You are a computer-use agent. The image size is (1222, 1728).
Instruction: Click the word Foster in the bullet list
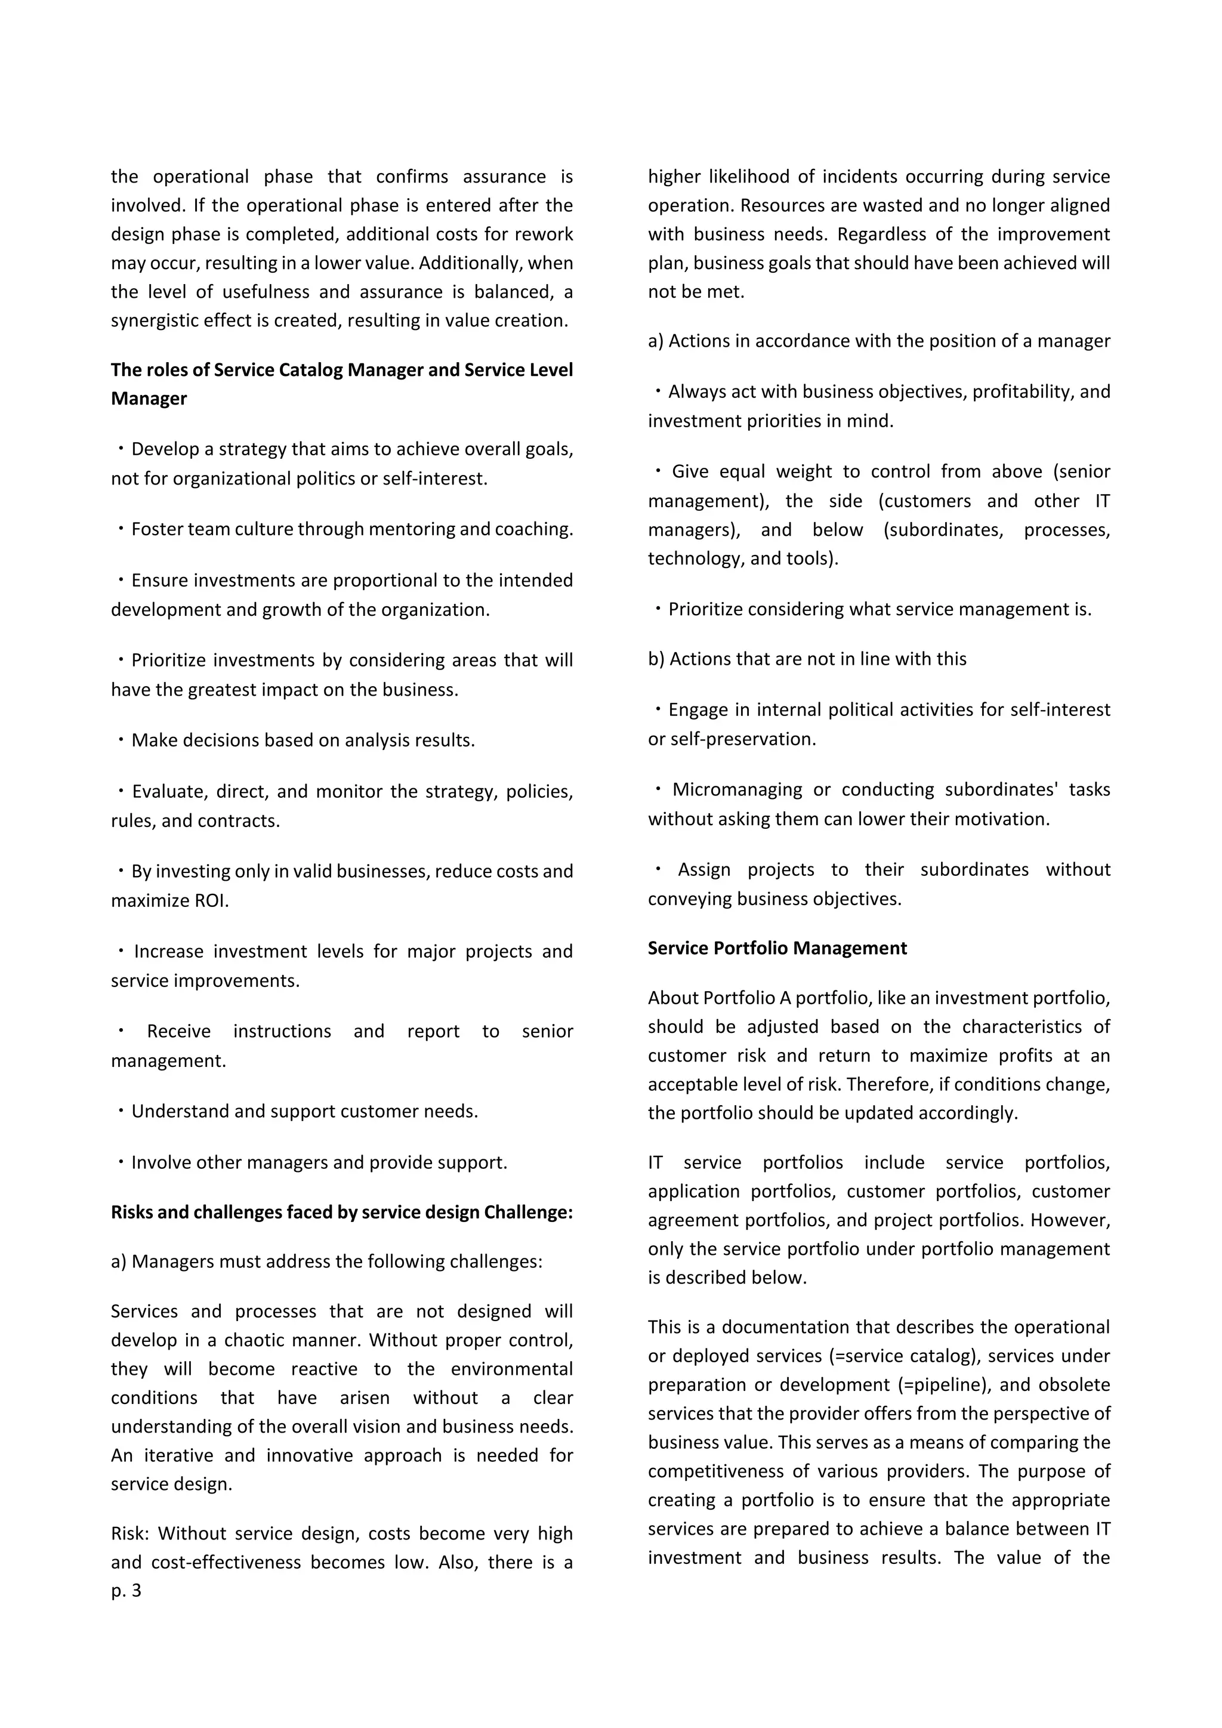(x=156, y=529)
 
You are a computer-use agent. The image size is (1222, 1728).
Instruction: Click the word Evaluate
(x=168, y=791)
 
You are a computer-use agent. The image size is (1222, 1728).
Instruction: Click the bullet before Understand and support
(x=121, y=1111)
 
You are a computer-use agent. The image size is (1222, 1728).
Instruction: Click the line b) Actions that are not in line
(x=807, y=659)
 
